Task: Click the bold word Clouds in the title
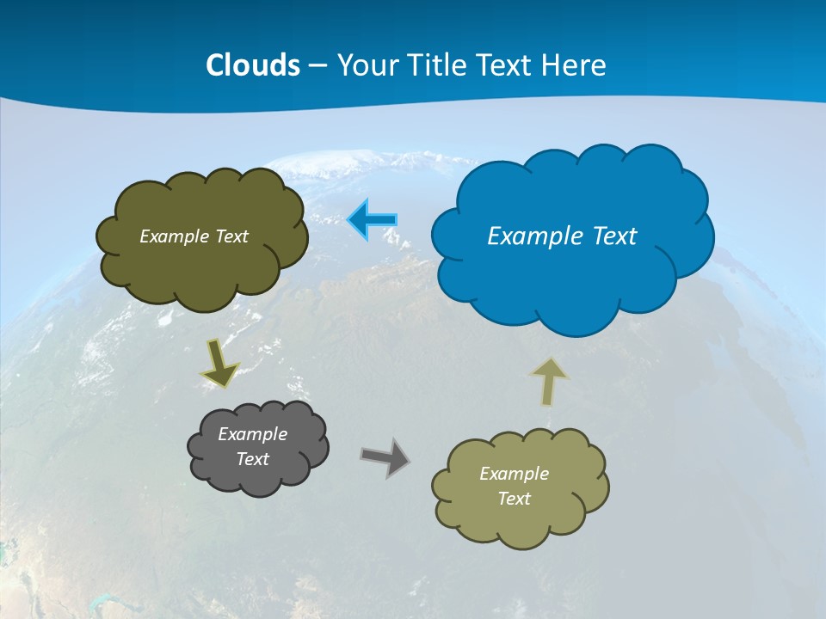253,65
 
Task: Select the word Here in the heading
576,65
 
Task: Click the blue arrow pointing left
373,220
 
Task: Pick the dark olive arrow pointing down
219,362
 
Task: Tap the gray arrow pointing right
385,457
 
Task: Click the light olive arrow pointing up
549,382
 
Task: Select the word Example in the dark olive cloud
174,236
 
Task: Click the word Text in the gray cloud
253,459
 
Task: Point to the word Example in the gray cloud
253,434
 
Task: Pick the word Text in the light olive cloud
514,499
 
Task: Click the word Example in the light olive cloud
514,474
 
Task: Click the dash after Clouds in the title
317,66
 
